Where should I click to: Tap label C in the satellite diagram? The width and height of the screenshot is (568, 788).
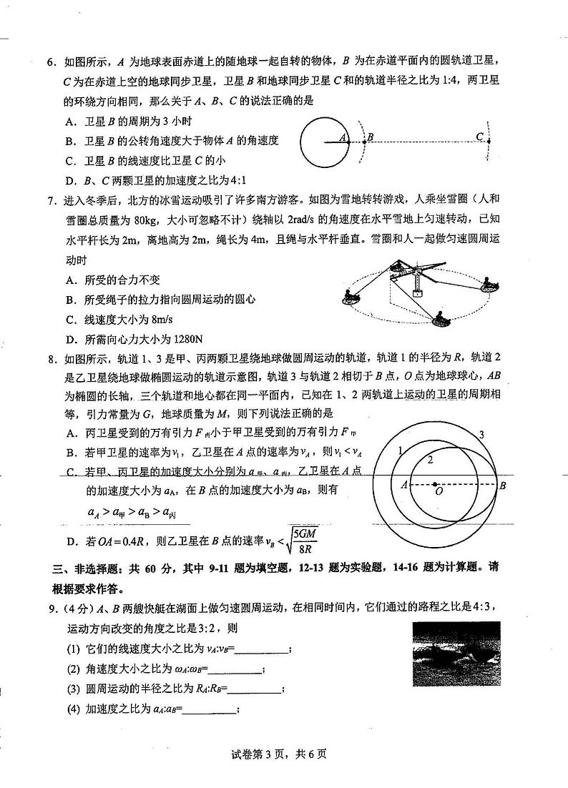pyautogui.click(x=480, y=137)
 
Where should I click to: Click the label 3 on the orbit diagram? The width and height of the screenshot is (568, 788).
pyautogui.click(x=481, y=434)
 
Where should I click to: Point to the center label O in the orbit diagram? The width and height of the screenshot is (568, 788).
pyautogui.click(x=438, y=493)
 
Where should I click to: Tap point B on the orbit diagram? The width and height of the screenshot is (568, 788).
pyautogui.click(x=503, y=486)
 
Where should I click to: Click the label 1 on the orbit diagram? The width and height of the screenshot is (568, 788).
pyautogui.click(x=401, y=450)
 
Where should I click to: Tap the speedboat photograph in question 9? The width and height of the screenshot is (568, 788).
pyautogui.click(x=456, y=653)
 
